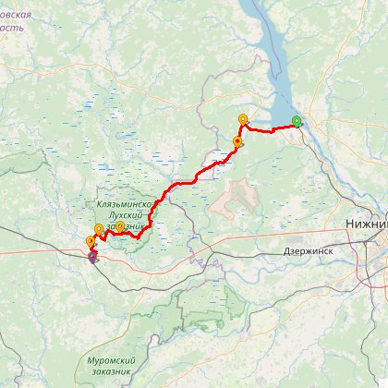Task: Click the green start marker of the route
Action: (297, 121)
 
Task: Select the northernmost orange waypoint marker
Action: (243, 119)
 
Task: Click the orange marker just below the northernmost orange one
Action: (237, 142)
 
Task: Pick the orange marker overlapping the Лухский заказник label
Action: (120, 226)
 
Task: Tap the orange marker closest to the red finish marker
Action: (91, 242)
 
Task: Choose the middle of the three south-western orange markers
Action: (99, 229)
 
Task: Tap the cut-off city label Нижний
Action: (366, 224)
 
